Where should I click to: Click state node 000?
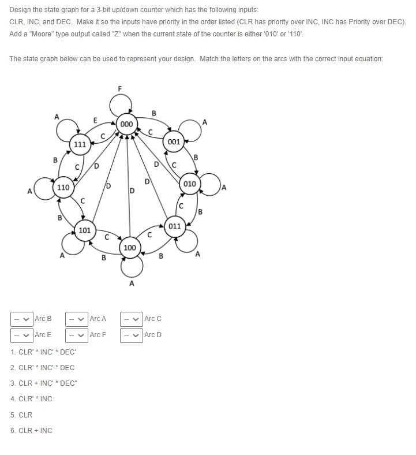coord(126,124)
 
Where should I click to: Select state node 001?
coord(174,141)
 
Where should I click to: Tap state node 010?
coord(190,184)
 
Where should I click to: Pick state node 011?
coord(175,226)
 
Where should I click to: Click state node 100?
coord(130,248)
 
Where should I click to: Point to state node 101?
coord(84,230)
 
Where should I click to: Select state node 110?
coord(63,188)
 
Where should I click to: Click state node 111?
coord(80,144)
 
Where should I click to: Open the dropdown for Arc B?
coord(22,319)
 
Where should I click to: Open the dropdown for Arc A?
coord(77,319)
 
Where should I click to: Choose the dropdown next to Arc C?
coord(132,319)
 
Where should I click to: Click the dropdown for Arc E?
coord(22,335)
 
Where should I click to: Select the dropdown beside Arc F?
coord(77,335)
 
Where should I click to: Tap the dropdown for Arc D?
coord(132,335)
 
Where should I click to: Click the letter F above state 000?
coord(119,88)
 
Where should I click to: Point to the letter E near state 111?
coord(95,120)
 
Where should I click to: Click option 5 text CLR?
coord(25,415)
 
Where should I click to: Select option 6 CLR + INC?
coord(35,430)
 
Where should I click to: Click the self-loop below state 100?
coord(132,267)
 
